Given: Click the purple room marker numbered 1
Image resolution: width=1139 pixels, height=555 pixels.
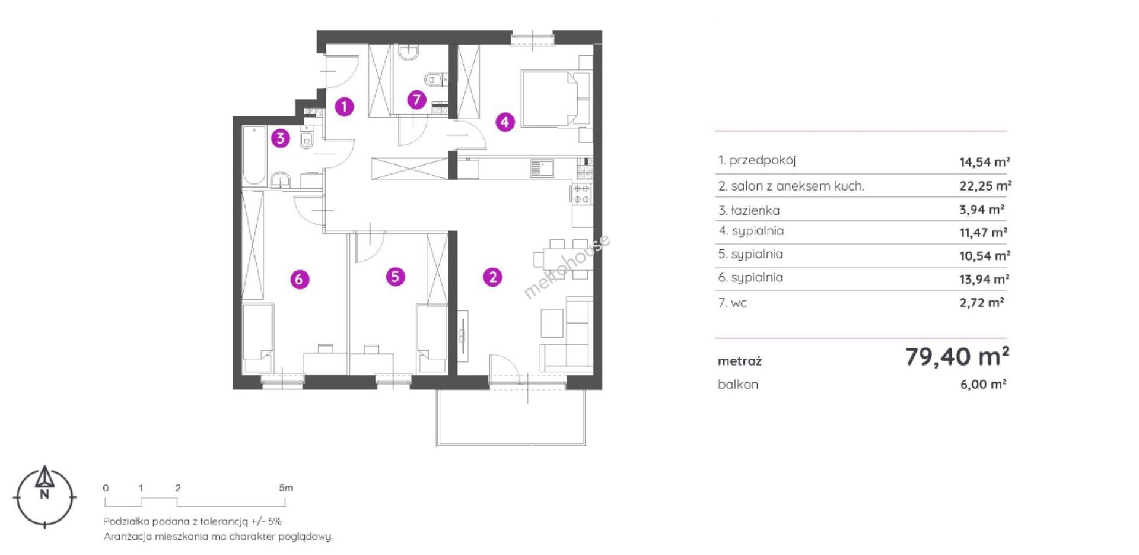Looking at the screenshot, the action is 344,107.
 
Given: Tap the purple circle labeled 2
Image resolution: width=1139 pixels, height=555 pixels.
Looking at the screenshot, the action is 492,277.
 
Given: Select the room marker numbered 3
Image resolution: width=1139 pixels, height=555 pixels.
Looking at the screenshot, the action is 281,139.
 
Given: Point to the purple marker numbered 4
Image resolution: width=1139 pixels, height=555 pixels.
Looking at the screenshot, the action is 504,122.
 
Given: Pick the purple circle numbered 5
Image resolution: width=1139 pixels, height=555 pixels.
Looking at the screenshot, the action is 395,277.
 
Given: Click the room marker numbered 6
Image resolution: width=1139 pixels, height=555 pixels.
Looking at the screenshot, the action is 300,279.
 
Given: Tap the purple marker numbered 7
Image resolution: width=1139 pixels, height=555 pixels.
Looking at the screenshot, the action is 417,100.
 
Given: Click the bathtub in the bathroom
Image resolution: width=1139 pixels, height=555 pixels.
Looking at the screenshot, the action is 254,156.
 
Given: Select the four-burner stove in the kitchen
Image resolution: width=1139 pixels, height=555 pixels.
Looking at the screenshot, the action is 581,194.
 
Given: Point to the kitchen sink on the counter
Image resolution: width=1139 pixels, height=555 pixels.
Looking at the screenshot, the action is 542,169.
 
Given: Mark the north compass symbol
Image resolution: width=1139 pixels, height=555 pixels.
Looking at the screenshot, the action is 44,497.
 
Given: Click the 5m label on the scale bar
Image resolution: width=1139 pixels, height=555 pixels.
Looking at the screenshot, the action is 286,488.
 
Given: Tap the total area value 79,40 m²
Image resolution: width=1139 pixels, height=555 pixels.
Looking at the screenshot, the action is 957,357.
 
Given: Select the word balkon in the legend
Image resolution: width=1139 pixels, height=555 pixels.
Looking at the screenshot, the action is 738,384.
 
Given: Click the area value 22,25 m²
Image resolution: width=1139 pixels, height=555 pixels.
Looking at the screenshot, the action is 985,186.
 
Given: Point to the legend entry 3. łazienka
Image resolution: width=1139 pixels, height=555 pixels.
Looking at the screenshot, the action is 749,210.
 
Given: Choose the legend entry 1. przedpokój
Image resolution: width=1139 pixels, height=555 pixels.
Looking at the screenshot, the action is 757,160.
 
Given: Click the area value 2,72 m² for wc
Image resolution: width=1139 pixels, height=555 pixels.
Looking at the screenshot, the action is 982,303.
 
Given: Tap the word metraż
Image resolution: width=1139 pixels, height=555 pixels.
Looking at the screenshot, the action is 740,361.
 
